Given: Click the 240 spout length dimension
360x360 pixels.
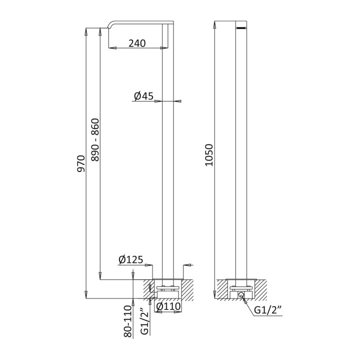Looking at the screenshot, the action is pyautogui.click(x=137, y=43).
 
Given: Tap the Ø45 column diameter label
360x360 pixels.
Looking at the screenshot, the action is pyautogui.click(x=143, y=96).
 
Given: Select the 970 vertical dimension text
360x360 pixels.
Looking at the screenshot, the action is pyautogui.click(x=81, y=163).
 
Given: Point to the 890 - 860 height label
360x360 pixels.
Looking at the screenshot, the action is pyautogui.click(x=95, y=139).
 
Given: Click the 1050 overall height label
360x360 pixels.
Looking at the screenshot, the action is pyautogui.click(x=209, y=155).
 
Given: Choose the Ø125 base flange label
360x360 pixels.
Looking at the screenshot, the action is pyautogui.click(x=131, y=259).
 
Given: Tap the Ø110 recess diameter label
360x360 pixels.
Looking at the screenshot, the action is pyautogui.click(x=168, y=306).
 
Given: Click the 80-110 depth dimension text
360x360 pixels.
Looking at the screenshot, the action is pyautogui.click(x=128, y=321).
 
